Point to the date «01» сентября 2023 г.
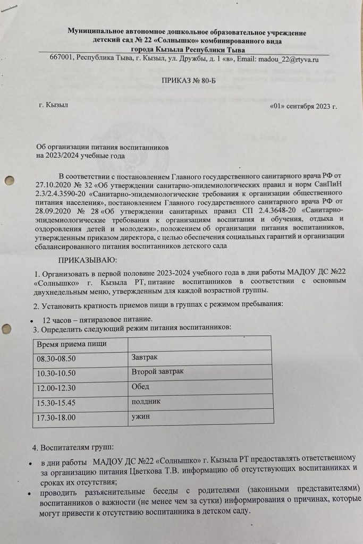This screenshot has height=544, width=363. coord(303,106)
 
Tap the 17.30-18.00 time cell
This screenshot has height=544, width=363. coord(56,418)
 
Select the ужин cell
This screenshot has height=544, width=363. coord(140,416)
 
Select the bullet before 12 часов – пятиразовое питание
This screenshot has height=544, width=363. coord(33,319)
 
